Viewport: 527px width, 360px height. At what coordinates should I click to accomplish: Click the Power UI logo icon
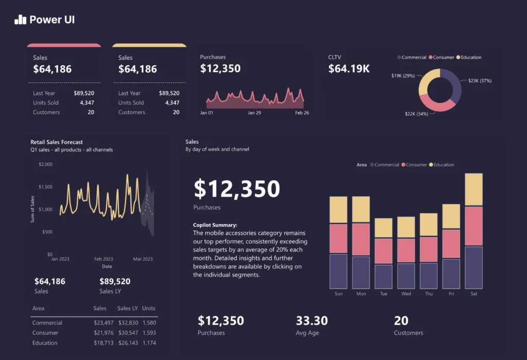(x=20, y=20)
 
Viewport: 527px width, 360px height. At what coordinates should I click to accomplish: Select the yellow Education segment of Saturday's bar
(x=473, y=190)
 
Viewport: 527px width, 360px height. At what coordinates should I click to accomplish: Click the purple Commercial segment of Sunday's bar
(x=338, y=271)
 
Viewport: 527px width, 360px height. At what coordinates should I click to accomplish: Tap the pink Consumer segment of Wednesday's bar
(x=406, y=250)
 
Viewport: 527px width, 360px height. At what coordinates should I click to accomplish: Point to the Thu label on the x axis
(x=428, y=294)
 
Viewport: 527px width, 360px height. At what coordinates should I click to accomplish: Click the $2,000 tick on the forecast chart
(x=45, y=164)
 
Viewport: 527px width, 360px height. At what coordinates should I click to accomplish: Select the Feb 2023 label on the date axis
(x=103, y=259)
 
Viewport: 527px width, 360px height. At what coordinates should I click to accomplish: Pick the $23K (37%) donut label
(x=480, y=81)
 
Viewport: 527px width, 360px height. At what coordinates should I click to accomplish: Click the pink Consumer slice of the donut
(x=437, y=104)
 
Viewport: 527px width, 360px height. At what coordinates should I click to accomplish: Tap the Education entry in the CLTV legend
(x=471, y=58)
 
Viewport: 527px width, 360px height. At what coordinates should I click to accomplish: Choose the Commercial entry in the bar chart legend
(x=387, y=165)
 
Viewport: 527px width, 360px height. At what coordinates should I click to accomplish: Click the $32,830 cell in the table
(x=128, y=323)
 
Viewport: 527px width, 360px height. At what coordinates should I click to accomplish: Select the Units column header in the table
(x=149, y=308)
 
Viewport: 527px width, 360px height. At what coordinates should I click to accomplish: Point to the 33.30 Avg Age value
(x=312, y=321)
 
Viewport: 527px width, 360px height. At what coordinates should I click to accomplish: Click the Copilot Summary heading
(x=215, y=225)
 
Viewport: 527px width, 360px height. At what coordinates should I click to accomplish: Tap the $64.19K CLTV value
(x=349, y=69)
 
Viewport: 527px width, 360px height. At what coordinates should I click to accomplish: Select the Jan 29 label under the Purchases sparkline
(x=254, y=112)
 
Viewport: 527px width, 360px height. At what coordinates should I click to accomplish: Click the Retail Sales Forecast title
(x=57, y=142)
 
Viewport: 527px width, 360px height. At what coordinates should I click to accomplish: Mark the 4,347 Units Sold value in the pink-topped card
(x=86, y=102)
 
